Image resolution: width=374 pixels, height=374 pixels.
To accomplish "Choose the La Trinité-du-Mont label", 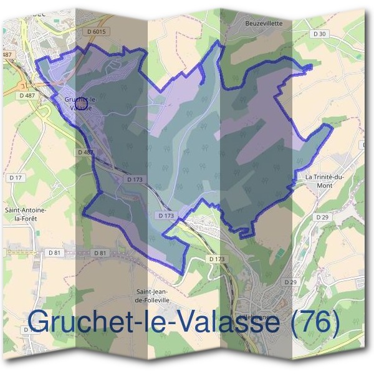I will (x=325, y=181).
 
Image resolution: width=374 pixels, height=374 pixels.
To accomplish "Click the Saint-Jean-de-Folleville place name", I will (x=153, y=295).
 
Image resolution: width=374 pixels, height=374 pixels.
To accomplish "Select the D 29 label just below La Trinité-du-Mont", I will (x=322, y=216).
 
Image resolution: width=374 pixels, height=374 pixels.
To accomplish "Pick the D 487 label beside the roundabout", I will (x=27, y=95).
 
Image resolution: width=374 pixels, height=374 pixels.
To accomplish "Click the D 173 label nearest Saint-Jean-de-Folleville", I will (x=216, y=259).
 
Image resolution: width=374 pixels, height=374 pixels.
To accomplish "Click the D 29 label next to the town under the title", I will (x=290, y=282).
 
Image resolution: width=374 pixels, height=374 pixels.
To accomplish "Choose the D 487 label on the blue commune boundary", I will (x=85, y=152).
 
